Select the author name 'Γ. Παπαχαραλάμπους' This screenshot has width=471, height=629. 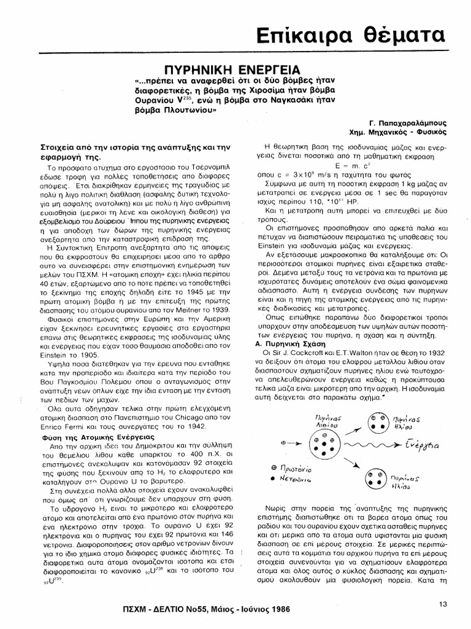click(x=407, y=122)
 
